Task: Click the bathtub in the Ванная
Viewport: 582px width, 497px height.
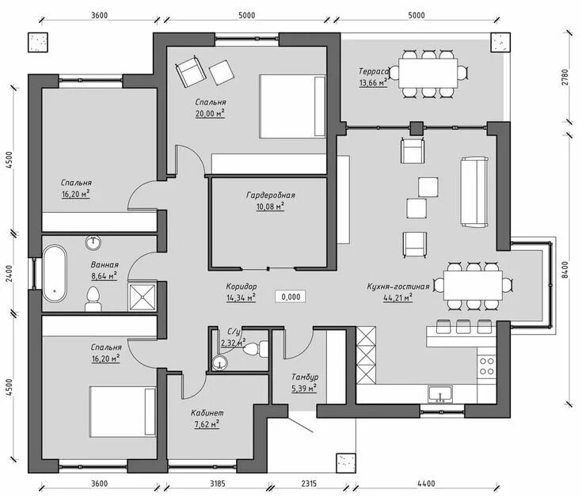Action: pos(55,273)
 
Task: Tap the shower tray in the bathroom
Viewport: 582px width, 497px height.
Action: pos(143,297)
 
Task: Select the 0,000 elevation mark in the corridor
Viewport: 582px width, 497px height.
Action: pos(291,297)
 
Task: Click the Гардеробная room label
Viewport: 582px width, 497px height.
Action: pos(271,195)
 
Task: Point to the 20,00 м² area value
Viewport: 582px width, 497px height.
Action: pos(211,113)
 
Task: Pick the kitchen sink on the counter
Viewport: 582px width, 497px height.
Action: pos(439,394)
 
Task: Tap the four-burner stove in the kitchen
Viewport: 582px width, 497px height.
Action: pos(486,366)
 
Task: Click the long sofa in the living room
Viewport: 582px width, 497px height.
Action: pos(474,192)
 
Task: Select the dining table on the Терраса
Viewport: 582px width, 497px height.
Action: pos(428,73)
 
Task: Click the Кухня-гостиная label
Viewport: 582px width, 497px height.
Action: pos(398,286)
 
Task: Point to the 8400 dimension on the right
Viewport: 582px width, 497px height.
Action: pos(565,270)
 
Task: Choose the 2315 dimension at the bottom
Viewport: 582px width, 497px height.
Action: pos(309,484)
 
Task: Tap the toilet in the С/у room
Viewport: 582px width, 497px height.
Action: pos(256,349)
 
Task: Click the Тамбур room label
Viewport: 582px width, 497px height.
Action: pos(305,377)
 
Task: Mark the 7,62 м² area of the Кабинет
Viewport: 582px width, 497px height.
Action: pos(207,424)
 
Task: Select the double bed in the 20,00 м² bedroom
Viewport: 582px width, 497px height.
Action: pos(292,107)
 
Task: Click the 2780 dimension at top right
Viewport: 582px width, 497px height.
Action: pos(565,77)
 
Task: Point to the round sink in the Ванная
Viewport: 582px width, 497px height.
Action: pos(93,243)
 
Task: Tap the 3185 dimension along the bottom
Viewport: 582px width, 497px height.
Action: pos(217,484)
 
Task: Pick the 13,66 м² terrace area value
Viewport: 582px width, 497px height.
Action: pos(374,83)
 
